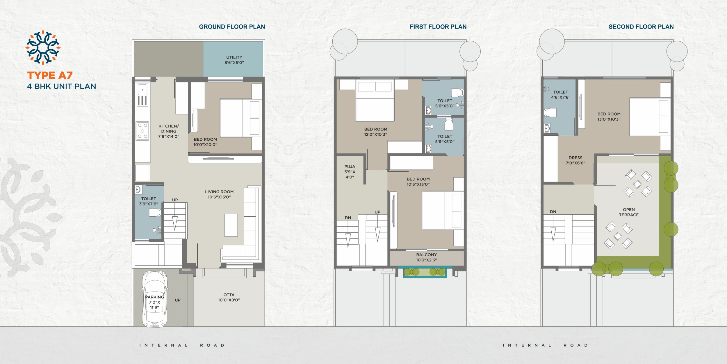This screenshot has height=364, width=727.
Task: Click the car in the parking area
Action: [155, 299]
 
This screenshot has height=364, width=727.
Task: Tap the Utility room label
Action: [234, 60]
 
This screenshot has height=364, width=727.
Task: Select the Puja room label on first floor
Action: [350, 172]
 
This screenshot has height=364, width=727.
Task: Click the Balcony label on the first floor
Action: [426, 257]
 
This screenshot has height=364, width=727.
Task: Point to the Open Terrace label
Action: [629, 212]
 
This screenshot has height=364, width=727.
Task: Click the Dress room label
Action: [575, 160]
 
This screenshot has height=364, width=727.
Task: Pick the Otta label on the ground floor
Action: [229, 297]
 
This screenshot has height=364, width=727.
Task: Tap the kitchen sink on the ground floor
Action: [142, 95]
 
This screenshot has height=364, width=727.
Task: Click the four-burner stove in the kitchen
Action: [142, 131]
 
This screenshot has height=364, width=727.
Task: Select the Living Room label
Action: [219, 194]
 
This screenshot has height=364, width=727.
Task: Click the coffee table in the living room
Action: [231, 225]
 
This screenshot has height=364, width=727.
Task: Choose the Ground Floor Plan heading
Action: [232, 27]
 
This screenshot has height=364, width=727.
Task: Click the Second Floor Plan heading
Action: [641, 27]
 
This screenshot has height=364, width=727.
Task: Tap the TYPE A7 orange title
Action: [50, 75]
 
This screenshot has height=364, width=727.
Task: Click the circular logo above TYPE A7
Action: [43, 47]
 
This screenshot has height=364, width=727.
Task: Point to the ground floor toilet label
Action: [149, 201]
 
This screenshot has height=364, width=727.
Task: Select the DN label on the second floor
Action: [553, 212]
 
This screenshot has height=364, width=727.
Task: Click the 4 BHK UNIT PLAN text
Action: [62, 86]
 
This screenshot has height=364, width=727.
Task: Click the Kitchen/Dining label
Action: [169, 131]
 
